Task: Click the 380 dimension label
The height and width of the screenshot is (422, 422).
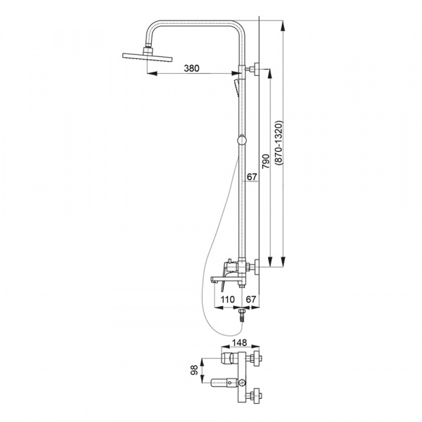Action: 191,68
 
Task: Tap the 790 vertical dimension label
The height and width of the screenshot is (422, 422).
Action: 266,161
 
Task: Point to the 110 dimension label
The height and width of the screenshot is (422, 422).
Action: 227,300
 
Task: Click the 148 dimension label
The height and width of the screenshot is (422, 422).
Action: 240,343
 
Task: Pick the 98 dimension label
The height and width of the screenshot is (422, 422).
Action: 194,370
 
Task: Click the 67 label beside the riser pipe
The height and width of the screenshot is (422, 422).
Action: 252,177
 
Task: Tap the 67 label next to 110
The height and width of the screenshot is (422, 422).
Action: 251,300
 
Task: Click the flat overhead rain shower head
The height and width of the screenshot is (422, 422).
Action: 147,57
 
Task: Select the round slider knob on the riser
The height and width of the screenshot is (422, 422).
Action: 242,141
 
